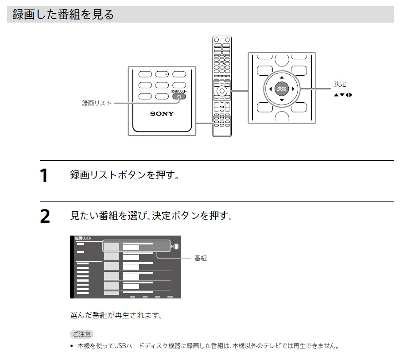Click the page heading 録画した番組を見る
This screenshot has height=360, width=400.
tap(63, 15)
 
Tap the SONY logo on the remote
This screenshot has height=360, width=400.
tap(162, 114)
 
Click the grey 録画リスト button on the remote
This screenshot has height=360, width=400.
tap(179, 96)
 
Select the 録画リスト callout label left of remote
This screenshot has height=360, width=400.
tap(97, 103)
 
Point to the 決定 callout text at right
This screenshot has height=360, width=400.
tap(340, 84)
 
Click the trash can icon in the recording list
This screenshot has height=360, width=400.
tap(176, 246)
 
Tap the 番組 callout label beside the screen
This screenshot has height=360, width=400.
tap(201, 258)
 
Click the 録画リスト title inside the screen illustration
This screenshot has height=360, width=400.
tap(84, 239)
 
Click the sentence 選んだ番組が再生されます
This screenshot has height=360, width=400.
tap(117, 316)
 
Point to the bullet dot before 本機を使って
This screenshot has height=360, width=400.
tap(72, 346)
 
